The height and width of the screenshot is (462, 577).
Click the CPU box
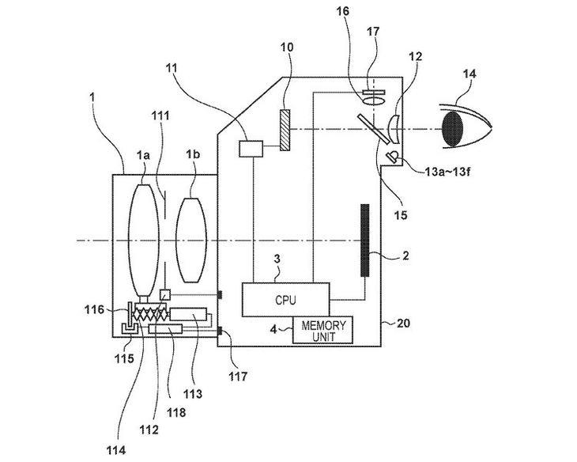(x=285, y=300)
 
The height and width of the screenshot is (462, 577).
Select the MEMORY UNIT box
(x=322, y=330)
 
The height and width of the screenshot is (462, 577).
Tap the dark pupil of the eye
(x=452, y=128)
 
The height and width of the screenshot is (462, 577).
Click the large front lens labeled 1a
(x=144, y=240)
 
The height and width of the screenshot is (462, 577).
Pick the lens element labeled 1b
(x=191, y=240)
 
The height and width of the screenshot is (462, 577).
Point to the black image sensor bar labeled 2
(x=364, y=240)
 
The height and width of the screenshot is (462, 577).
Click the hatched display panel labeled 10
(x=285, y=130)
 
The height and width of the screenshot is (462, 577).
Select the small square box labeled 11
(x=251, y=149)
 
